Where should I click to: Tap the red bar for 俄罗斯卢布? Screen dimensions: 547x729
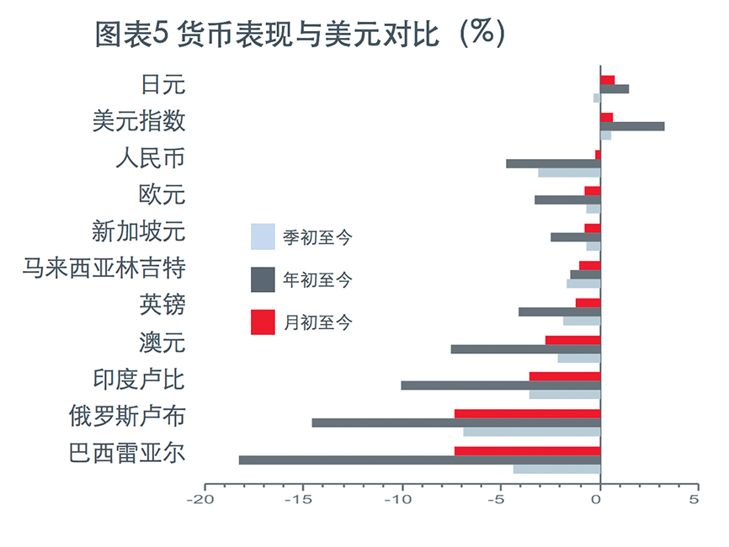(x=527, y=413)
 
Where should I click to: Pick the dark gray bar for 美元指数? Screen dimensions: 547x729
(x=632, y=126)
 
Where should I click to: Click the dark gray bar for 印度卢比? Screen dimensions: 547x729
(x=500, y=385)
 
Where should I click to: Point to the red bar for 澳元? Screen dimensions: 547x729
(x=572, y=340)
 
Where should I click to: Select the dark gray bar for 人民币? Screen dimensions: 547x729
(x=553, y=163)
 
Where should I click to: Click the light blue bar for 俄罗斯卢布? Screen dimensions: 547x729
(x=531, y=432)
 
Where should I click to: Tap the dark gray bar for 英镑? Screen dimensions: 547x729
(x=559, y=311)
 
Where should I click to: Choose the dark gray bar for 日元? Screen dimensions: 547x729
(x=615, y=88)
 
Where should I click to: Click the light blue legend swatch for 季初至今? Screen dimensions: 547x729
(x=263, y=236)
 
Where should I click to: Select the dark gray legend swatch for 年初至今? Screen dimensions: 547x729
(x=263, y=279)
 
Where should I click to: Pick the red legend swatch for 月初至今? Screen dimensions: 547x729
(x=263, y=322)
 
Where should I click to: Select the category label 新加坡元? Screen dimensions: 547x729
(x=138, y=231)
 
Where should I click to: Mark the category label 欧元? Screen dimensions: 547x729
(x=162, y=194)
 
